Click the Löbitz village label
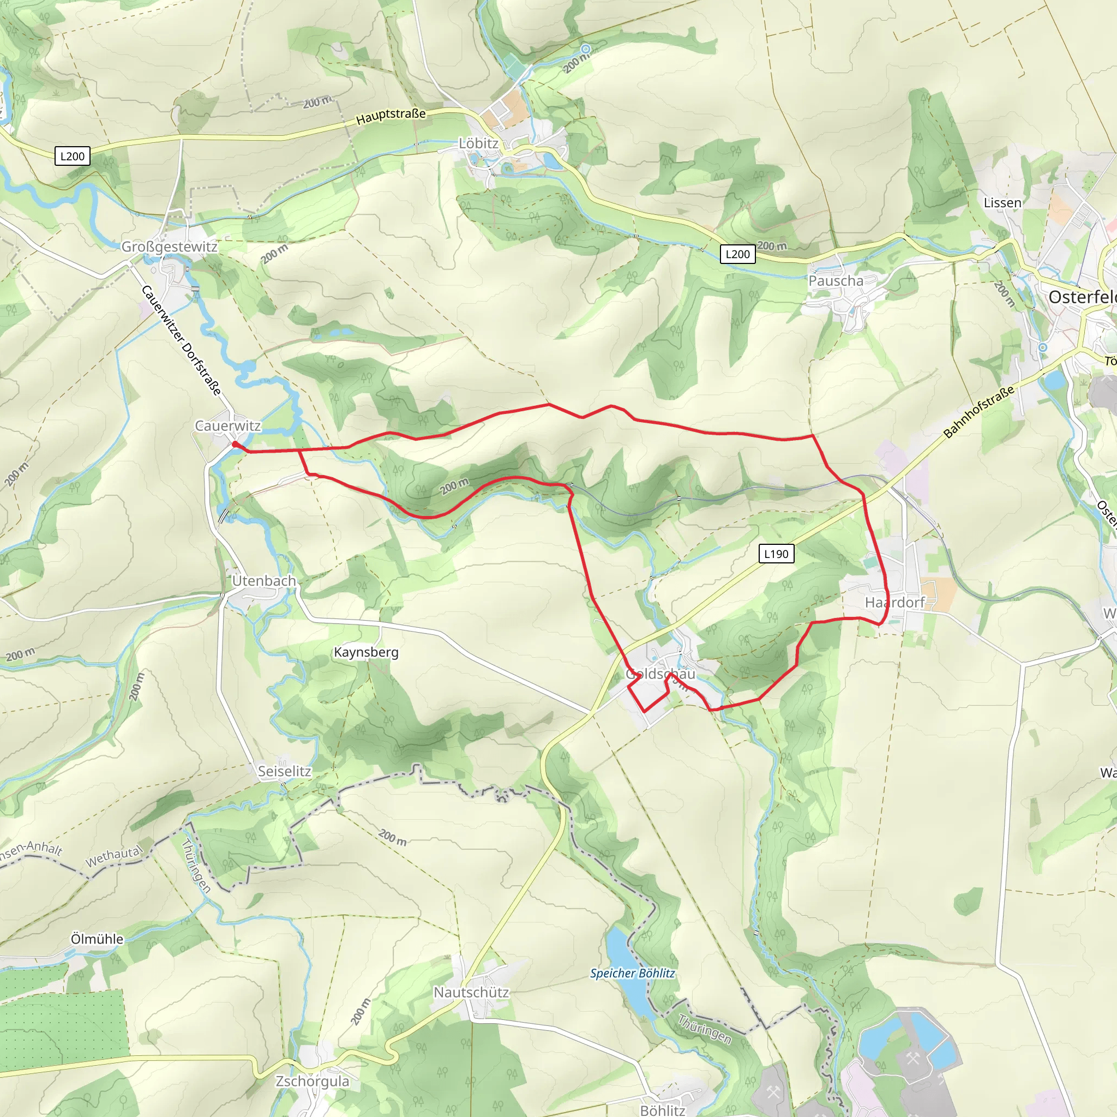point(478,143)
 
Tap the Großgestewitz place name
point(170,247)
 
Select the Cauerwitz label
point(228,426)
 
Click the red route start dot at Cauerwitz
point(235,444)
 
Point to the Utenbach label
point(264,581)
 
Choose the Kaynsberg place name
point(367,653)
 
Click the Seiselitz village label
point(285,771)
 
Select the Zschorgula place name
point(313,1082)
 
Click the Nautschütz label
point(472,993)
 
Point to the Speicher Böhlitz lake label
point(633,974)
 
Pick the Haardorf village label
point(895,603)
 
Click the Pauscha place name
point(836,281)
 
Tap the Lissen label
point(1002,203)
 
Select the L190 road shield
point(776,554)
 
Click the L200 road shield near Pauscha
point(738,254)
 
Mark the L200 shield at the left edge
point(73,156)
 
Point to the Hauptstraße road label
point(392,117)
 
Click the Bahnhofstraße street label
point(979,412)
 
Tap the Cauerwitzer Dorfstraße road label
point(181,340)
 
